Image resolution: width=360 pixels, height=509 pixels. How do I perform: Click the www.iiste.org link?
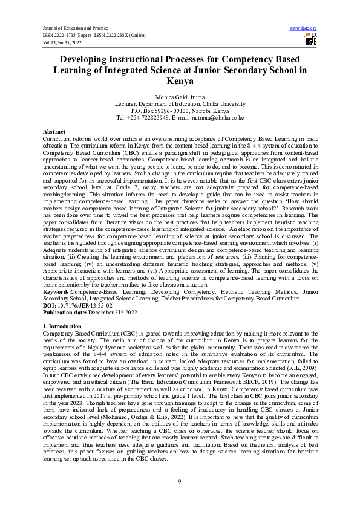[x=304, y=28]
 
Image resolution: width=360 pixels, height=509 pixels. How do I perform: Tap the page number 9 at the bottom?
[x=180, y=481]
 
